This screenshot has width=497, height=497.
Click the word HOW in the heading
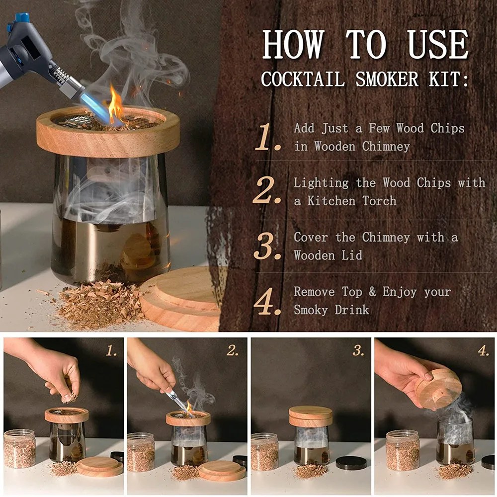(294, 44)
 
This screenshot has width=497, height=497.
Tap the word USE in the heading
(438, 44)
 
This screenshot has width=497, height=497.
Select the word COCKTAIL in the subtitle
(303, 79)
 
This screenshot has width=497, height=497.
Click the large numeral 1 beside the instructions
(267, 137)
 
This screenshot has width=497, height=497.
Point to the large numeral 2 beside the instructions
(266, 190)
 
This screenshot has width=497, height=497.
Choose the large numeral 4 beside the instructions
(267, 301)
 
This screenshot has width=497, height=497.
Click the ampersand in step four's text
(372, 292)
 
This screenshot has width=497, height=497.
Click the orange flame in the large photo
(115, 103)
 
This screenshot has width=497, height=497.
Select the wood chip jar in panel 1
(20, 448)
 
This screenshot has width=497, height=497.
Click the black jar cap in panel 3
(351, 463)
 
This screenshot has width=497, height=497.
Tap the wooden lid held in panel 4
(438, 388)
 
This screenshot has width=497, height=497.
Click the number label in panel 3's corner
(358, 350)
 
